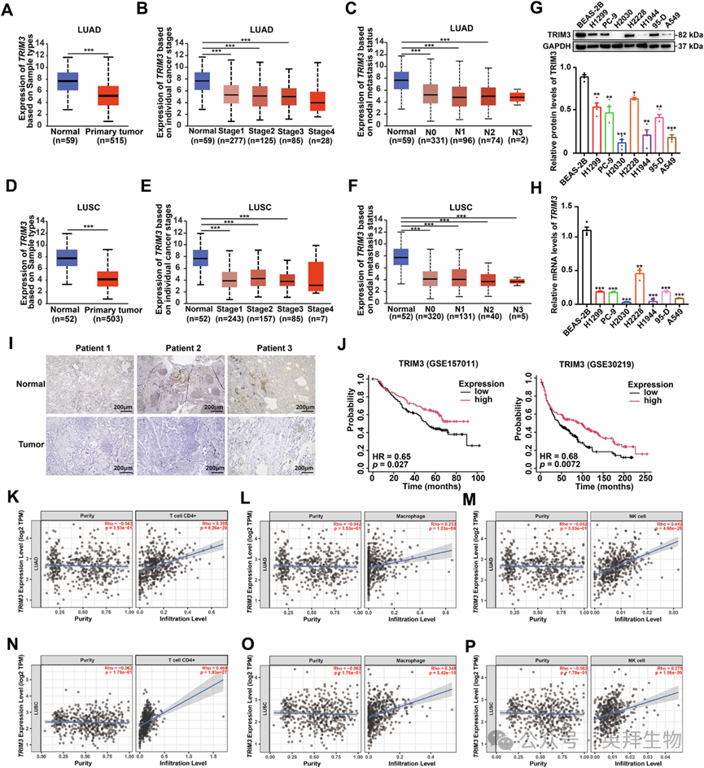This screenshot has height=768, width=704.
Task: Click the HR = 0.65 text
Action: [387, 454]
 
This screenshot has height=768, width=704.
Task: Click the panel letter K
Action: [11, 498]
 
